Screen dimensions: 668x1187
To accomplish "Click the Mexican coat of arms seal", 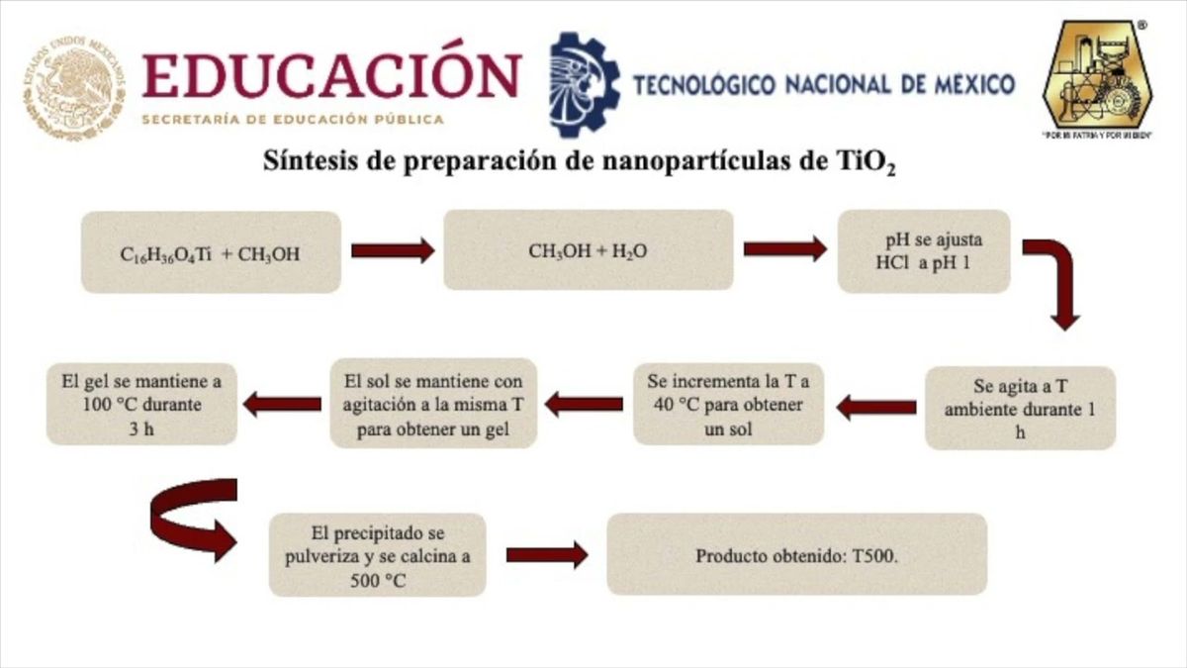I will tap(75, 88).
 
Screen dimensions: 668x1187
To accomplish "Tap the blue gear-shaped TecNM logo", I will tap(583, 84).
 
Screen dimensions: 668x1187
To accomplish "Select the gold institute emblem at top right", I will tap(1098, 78).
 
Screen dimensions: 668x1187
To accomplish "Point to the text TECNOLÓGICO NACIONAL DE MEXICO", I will tap(823, 84).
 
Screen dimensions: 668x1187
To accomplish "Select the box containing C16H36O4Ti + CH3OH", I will tap(211, 252).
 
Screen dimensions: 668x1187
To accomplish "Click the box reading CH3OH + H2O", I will tap(588, 250).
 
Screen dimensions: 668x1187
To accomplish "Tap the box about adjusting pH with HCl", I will tap(923, 250).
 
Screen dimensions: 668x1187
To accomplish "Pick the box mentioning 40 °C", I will tap(728, 404).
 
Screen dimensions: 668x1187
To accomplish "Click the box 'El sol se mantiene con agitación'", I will tap(433, 404).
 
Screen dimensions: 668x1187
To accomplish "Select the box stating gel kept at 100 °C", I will tap(141, 404).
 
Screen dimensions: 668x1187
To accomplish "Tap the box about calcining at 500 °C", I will tap(377, 555).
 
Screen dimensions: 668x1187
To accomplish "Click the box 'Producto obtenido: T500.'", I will tap(796, 555).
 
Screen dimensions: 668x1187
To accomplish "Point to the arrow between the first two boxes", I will tap(392, 250).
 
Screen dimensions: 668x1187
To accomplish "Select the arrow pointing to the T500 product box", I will tap(546, 555).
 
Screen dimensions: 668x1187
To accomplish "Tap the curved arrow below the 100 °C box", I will tap(194, 518).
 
